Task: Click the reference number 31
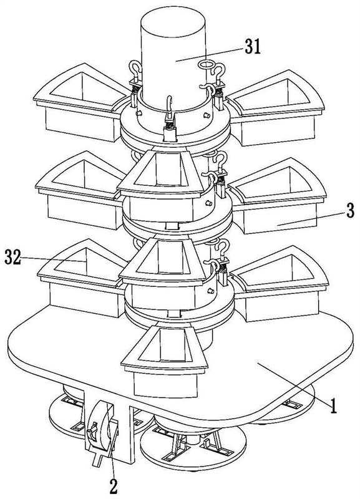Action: point(253,46)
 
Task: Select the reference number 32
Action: point(12,258)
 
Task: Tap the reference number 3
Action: point(350,210)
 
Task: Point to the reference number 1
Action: point(333,406)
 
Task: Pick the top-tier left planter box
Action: point(82,102)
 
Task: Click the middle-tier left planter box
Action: point(81,190)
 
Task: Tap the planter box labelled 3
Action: point(278,196)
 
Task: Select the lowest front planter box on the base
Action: point(164,362)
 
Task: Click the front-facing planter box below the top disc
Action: point(161,186)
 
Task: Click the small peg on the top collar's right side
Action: point(207,115)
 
